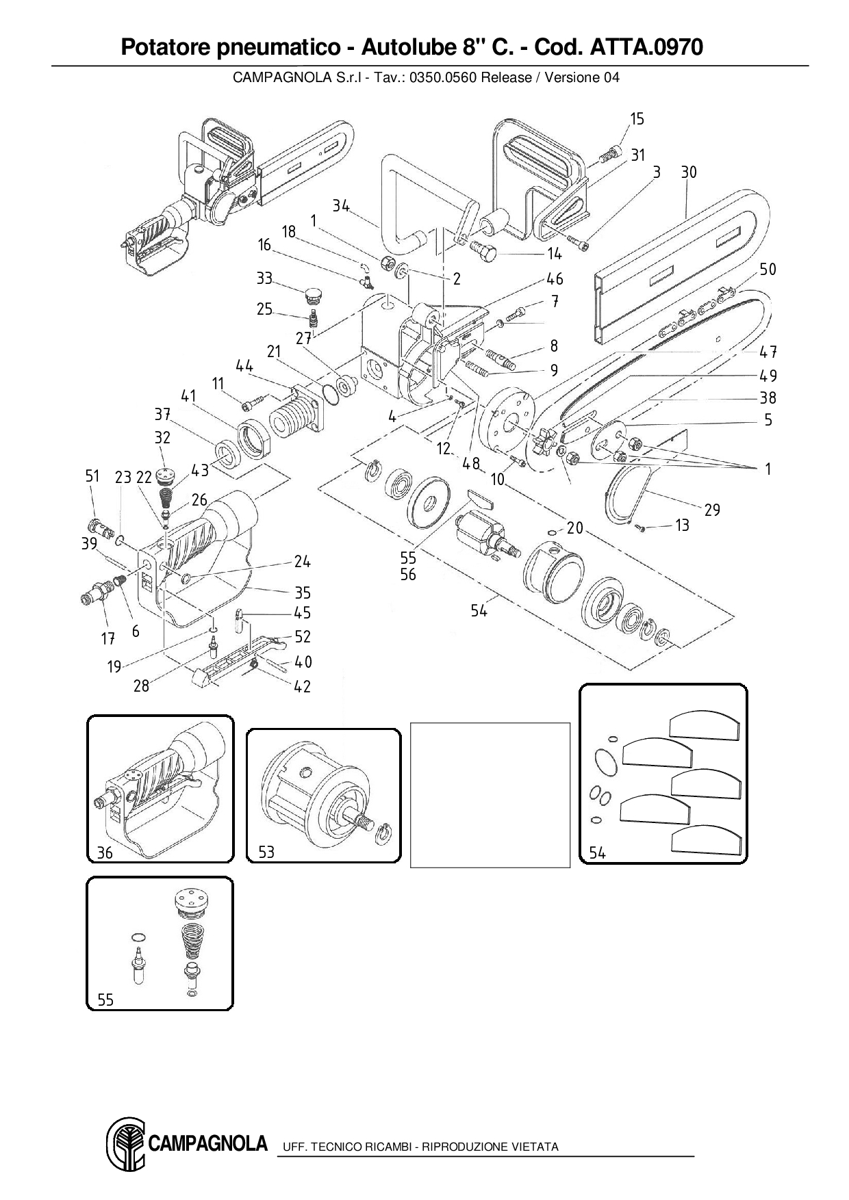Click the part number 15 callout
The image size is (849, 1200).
click(x=637, y=119)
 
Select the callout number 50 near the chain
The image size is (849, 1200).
click(x=768, y=270)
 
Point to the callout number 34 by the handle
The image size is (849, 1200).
click(x=341, y=205)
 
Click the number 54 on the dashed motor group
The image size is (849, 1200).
click(x=479, y=610)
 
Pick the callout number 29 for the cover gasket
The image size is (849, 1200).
click(x=712, y=510)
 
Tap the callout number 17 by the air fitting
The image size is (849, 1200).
click(x=107, y=639)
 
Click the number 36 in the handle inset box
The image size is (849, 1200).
click(x=105, y=852)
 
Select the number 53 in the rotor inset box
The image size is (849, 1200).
click(x=266, y=852)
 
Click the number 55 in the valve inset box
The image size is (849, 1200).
click(x=105, y=1000)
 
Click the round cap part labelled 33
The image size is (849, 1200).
click(x=312, y=296)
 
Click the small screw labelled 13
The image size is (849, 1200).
click(x=641, y=527)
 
